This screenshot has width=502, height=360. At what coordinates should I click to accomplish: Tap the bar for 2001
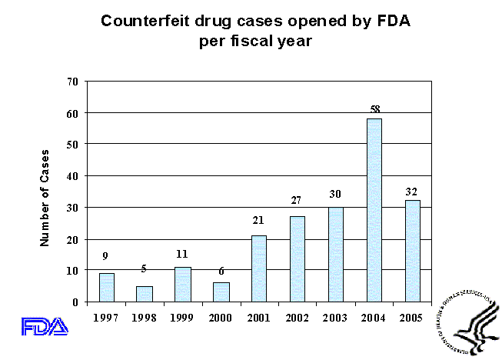[x=258, y=268]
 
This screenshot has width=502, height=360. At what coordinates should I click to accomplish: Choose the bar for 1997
[x=107, y=288]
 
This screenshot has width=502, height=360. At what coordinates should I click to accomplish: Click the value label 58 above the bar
[x=375, y=110]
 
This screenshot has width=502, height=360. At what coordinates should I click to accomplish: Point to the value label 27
[x=296, y=201]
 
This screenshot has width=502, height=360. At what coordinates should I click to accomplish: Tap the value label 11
[x=182, y=254]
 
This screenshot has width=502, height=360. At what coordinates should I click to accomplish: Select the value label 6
[x=221, y=272]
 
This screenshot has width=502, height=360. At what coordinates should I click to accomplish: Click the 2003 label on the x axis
[x=335, y=318]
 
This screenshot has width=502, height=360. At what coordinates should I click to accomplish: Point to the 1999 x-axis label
[x=182, y=318]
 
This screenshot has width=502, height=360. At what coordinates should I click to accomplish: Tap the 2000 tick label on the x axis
[x=221, y=318]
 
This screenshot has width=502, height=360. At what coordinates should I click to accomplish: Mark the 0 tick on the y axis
[x=76, y=302]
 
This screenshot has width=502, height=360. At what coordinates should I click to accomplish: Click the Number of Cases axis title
[x=45, y=197]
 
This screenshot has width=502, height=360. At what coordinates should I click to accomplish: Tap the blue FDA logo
[x=45, y=326]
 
